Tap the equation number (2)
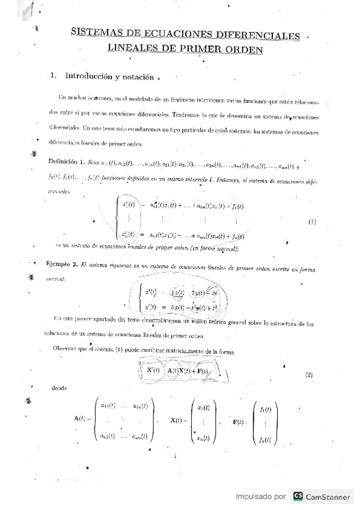click(x=309, y=375)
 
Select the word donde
click(x=59, y=388)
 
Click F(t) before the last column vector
click(x=239, y=423)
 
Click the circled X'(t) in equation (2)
click(x=153, y=370)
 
